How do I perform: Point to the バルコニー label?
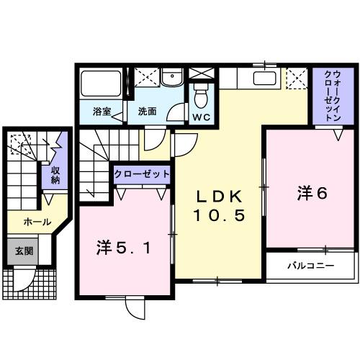coord(310,266)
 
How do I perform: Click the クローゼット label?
coord(142,174)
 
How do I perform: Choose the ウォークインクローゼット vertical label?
coord(333,96)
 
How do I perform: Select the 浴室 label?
coord(102,112)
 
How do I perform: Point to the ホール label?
coord(37,222)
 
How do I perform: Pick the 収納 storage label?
coord(55,176)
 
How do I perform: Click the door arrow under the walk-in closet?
coord(338,134)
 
